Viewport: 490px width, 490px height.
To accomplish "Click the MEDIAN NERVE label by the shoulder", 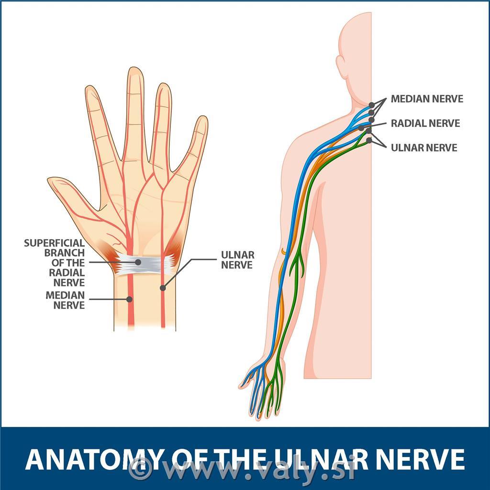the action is (427, 99).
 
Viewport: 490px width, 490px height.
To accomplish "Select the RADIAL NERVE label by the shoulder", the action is (425, 123).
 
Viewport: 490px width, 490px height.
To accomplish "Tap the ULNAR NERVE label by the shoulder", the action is (424, 147).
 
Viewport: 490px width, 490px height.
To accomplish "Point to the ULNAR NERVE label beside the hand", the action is (237, 260).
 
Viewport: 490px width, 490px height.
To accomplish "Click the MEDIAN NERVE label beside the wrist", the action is (65, 300).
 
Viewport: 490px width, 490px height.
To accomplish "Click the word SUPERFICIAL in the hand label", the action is (55, 243).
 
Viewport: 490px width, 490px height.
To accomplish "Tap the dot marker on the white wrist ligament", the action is (138, 262).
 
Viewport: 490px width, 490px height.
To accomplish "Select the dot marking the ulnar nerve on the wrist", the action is (163, 288).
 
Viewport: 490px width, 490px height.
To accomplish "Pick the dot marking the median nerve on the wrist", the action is (129, 300).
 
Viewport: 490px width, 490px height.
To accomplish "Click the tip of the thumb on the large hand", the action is (49, 180).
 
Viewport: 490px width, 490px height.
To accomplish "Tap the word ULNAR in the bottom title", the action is (320, 459).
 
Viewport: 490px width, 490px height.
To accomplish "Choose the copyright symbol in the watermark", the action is (140, 469).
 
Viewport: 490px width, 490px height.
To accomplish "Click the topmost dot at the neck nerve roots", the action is (371, 105).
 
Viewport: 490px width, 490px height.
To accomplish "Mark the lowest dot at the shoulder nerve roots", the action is (369, 140).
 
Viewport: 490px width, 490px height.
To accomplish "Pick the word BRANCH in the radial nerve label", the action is (65, 253).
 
